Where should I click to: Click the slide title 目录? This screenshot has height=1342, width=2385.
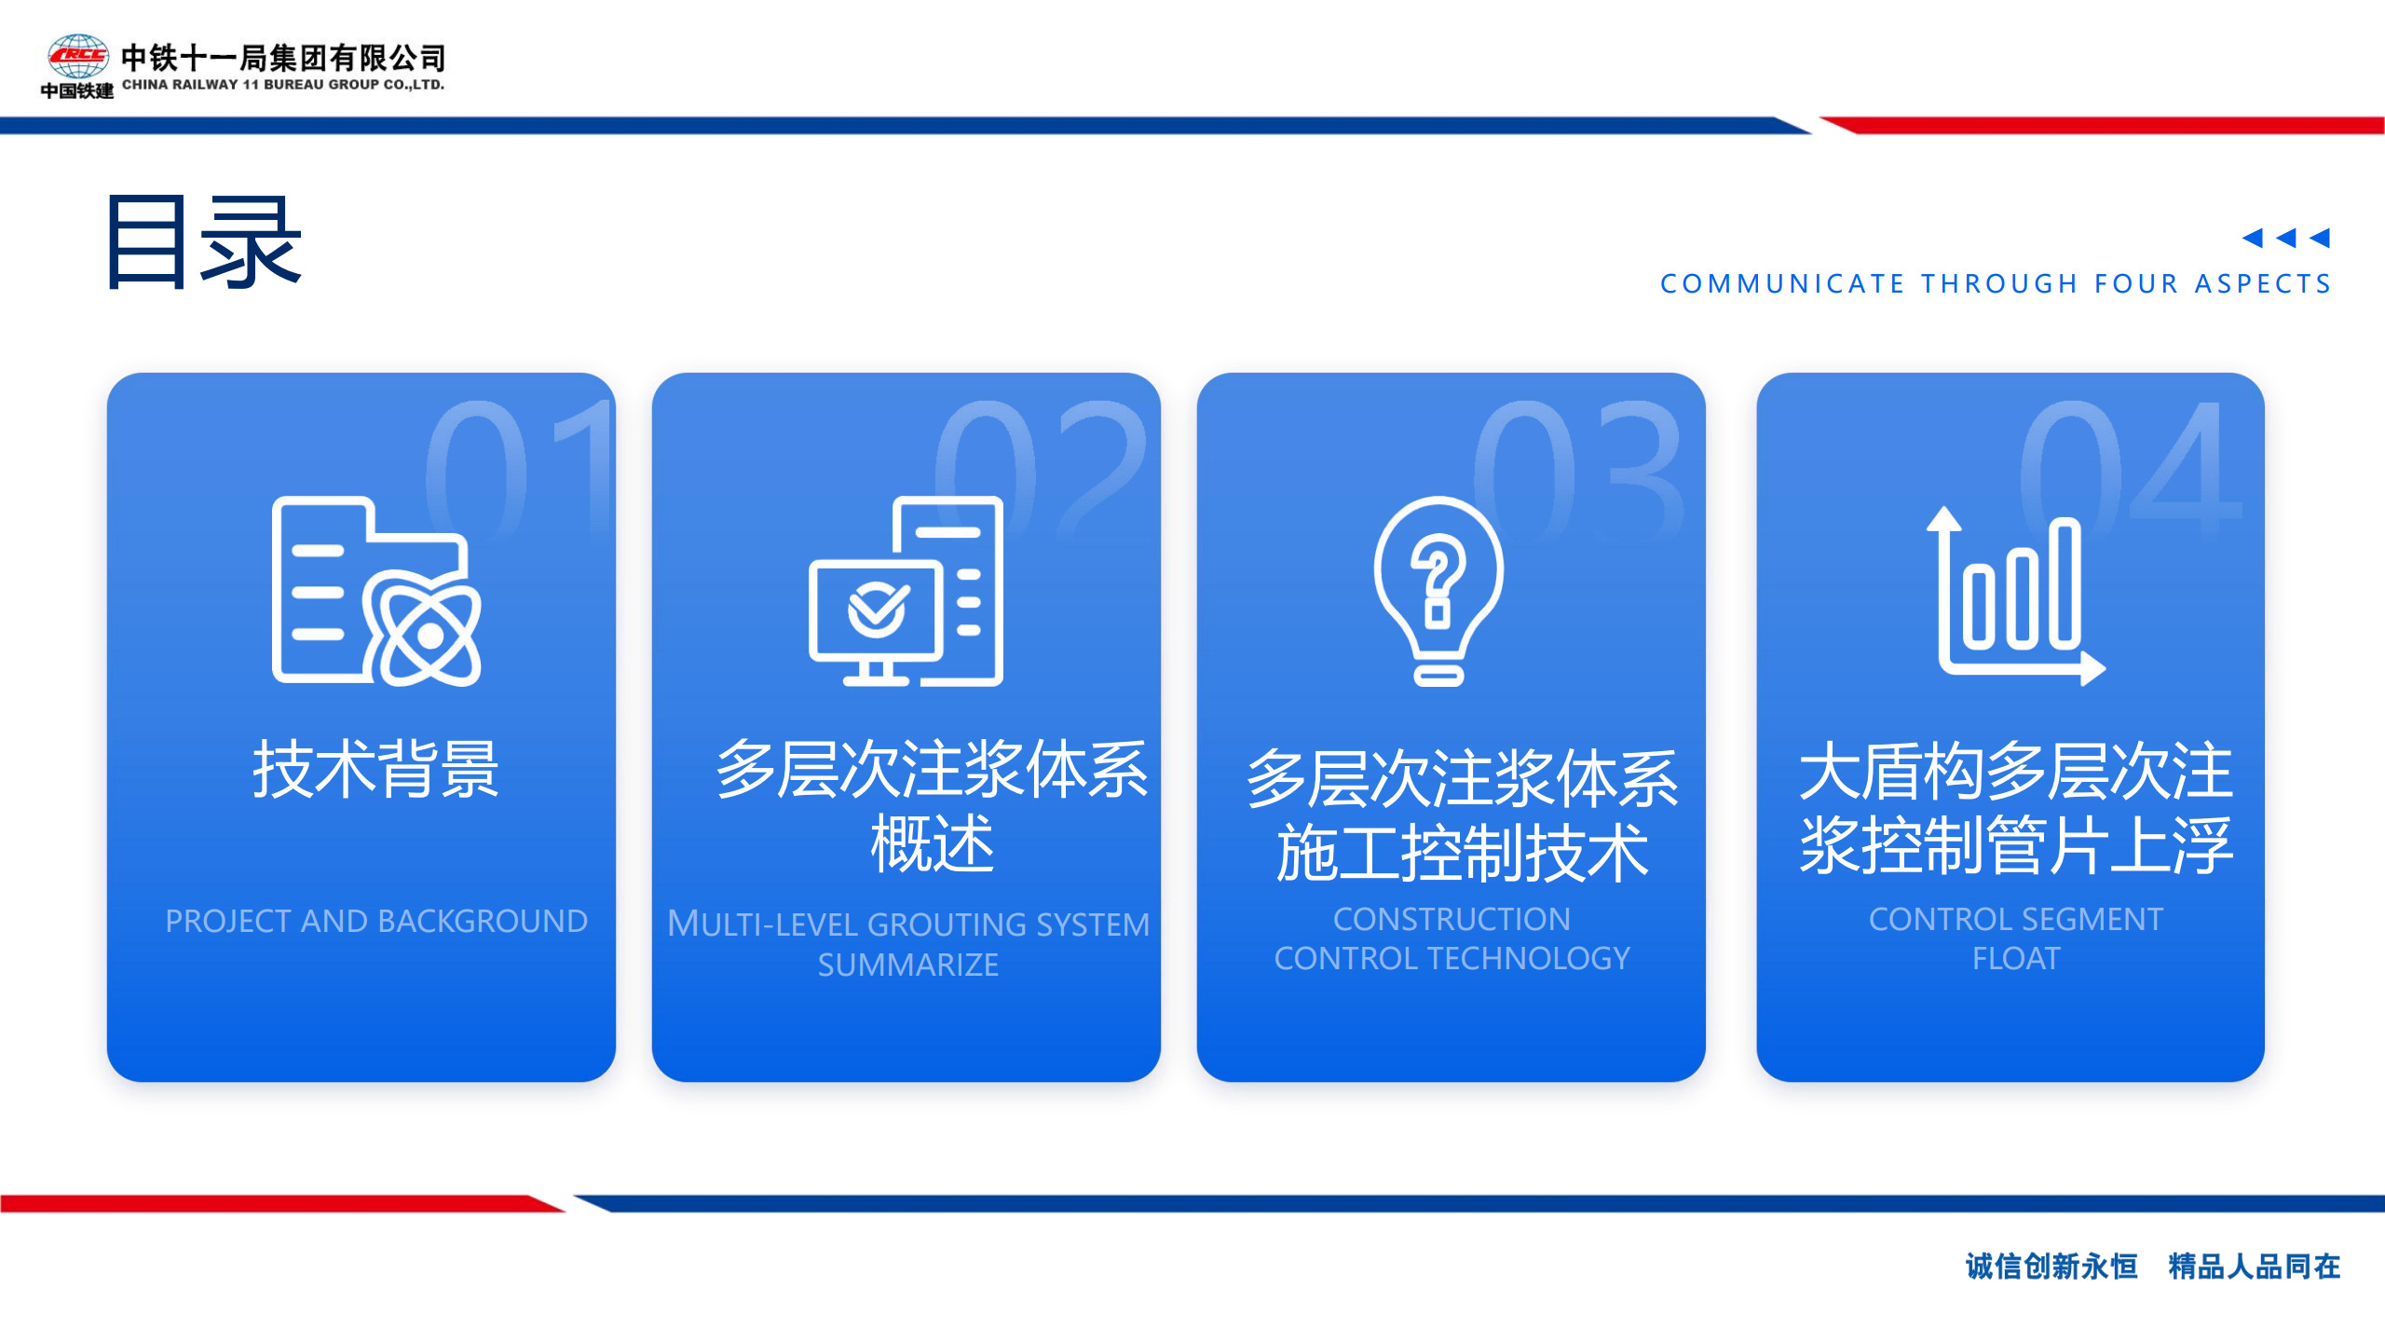click(x=204, y=242)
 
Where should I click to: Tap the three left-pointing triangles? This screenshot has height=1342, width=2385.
click(x=2286, y=238)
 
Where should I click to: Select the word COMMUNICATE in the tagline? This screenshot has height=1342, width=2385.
click(x=1782, y=283)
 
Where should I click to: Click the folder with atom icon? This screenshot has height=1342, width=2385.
click(x=376, y=592)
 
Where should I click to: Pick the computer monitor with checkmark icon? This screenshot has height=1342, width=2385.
click(x=906, y=592)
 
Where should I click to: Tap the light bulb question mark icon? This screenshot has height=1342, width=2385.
click(x=1438, y=592)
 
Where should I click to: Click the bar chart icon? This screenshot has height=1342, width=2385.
click(x=2016, y=596)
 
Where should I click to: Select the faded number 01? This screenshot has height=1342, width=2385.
click(x=518, y=469)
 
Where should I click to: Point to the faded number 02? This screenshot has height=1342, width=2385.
click(x=1041, y=469)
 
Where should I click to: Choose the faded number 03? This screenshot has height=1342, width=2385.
click(x=1579, y=469)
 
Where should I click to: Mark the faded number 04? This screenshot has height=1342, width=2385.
click(x=2132, y=469)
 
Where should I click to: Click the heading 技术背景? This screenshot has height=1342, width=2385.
click(x=376, y=770)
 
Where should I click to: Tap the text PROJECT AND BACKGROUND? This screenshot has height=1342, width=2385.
click(x=376, y=921)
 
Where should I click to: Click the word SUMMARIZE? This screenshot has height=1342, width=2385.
click(x=908, y=965)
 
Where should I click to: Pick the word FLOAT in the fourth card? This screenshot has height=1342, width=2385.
click(x=2016, y=958)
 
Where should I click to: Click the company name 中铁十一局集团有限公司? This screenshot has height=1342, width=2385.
click(x=283, y=58)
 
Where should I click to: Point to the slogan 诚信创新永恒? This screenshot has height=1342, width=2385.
click(x=2051, y=1267)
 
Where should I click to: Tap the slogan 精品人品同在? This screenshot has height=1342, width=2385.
click(x=2255, y=1267)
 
